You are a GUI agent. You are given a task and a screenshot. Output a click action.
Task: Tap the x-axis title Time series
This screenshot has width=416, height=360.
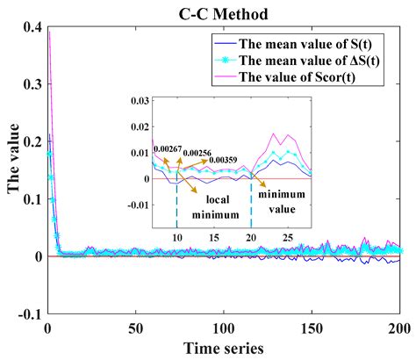click(223, 348)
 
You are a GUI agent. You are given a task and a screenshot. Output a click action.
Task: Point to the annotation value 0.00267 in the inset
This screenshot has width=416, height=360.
click(168, 150)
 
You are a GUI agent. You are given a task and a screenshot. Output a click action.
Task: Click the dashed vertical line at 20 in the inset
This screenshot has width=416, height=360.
click(252, 202)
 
